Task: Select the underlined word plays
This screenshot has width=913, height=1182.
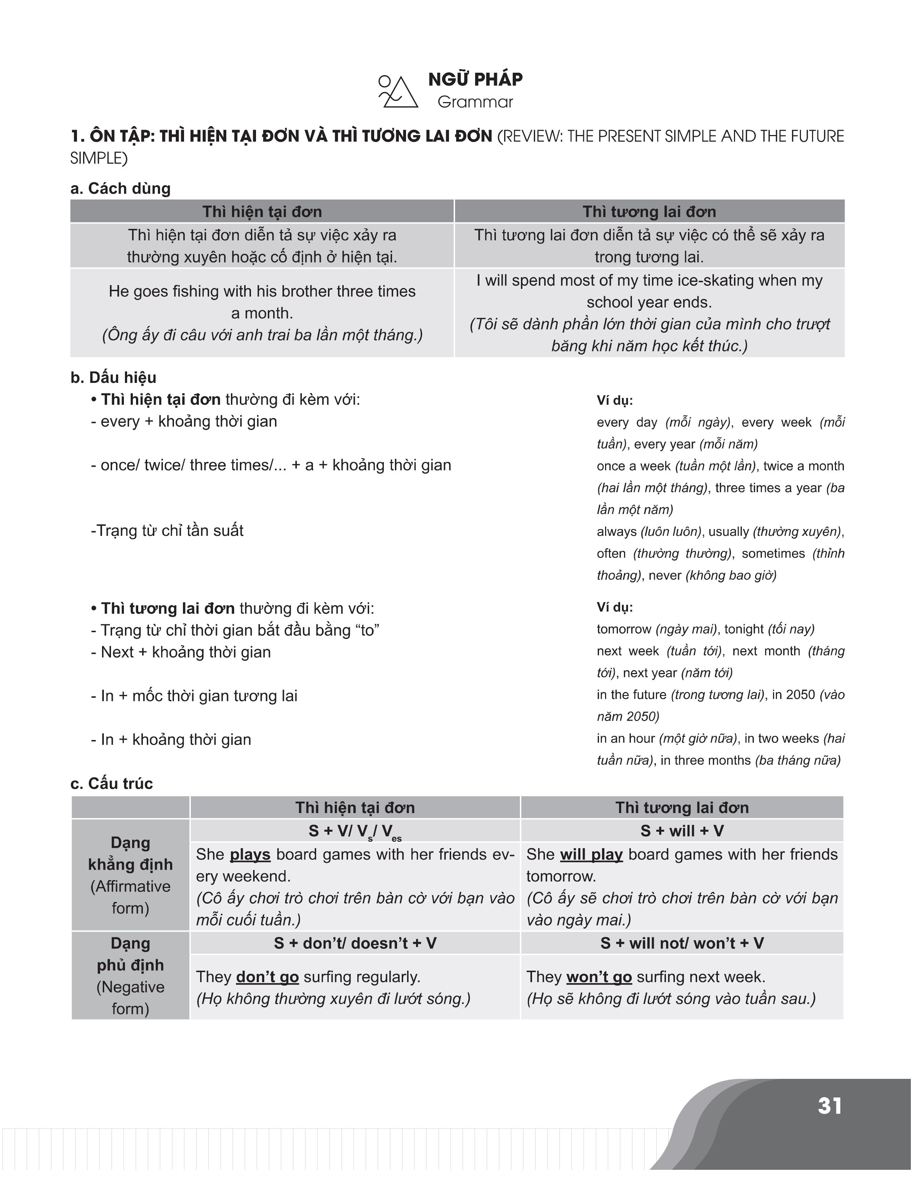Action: coord(250,855)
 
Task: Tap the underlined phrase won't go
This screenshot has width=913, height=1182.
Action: coord(599,977)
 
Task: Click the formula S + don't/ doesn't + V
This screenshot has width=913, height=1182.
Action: coord(355,943)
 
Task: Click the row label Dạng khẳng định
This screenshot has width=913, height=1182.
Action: coord(130,854)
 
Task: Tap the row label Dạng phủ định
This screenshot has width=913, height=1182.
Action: coord(130,954)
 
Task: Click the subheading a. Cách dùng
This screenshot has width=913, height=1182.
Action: coord(120,188)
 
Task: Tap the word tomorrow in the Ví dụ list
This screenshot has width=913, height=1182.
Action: coord(624,629)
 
